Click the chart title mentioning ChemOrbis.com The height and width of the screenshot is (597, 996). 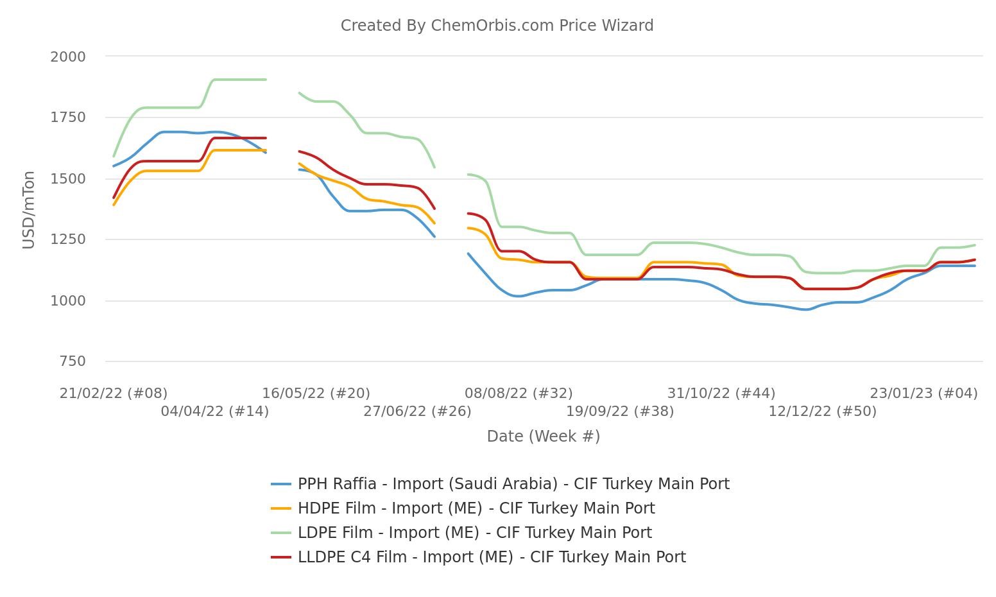coord(497,26)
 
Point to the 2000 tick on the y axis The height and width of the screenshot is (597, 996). coord(68,56)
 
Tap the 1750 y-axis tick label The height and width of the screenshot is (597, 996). coord(68,117)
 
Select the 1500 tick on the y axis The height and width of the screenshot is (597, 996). coord(68,178)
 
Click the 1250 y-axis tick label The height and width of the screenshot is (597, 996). coord(68,239)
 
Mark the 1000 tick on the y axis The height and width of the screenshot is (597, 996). coord(68,300)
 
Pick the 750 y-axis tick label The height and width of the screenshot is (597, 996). coord(72,361)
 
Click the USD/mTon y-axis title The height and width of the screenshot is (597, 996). coord(28,209)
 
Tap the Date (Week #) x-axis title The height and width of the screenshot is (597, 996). coord(543,437)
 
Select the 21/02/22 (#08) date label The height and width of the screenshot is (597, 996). coord(114,393)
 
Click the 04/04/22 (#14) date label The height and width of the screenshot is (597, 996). coord(214,411)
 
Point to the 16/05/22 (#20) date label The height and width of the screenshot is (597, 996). coord(316,393)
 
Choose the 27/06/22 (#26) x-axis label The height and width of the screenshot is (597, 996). coord(417,411)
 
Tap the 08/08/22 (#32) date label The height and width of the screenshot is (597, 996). coord(519,393)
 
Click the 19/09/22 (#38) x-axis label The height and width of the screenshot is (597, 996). coord(620,411)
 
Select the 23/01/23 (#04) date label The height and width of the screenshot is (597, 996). coord(923,393)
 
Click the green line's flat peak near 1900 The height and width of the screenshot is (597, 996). coord(239,80)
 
